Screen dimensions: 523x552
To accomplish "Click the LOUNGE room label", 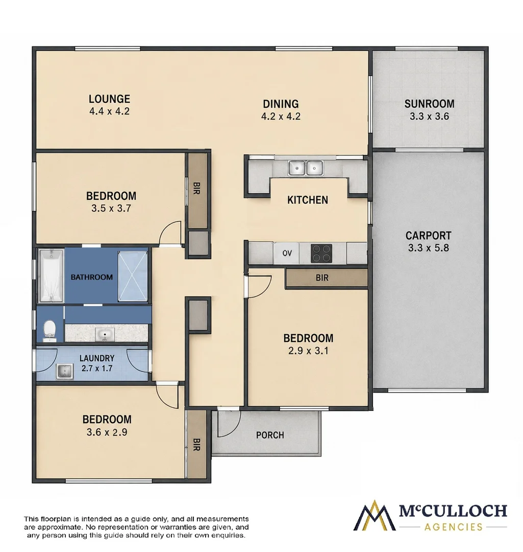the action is pyautogui.click(x=109, y=99).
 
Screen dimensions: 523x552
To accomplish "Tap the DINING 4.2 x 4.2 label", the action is pyautogui.click(x=281, y=110).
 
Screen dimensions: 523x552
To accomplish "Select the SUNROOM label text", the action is pyautogui.click(x=429, y=104).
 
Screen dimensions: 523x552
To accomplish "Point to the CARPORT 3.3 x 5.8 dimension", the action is pyautogui.click(x=429, y=248).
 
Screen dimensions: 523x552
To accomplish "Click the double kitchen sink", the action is pyautogui.click(x=306, y=168).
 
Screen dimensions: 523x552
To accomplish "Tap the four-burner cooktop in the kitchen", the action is pyautogui.click(x=321, y=253).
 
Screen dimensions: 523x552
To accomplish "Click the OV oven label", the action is pyautogui.click(x=287, y=253).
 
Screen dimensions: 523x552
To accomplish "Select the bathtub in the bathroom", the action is pyautogui.click(x=51, y=275).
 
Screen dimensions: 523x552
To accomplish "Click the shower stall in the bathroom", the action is pyautogui.click(x=133, y=276).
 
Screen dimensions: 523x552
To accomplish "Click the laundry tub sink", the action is pyautogui.click(x=64, y=372).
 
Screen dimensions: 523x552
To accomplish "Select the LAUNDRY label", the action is pyautogui.click(x=97, y=358).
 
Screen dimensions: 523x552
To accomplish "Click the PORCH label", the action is pyautogui.click(x=270, y=435).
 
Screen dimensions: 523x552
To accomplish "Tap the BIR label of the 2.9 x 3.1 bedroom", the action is pyautogui.click(x=322, y=278).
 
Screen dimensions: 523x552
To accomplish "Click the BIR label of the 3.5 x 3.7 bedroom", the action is pyautogui.click(x=196, y=188).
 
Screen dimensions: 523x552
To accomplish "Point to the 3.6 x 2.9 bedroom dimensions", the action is pyautogui.click(x=107, y=432).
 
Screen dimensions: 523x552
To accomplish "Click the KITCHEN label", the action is pyautogui.click(x=308, y=200).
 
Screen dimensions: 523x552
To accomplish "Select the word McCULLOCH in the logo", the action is pyautogui.click(x=453, y=511).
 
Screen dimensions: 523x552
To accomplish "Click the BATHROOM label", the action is pyautogui.click(x=92, y=277).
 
